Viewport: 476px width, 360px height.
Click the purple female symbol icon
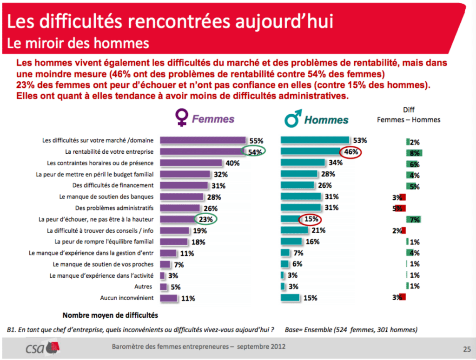coord(182,118)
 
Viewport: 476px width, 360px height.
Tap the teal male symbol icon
coord(293,118)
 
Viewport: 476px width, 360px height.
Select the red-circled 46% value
coord(350,152)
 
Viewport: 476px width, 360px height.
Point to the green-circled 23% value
coord(205,219)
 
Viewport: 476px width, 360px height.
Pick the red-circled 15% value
coord(310,219)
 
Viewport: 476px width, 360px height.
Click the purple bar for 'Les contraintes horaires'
coord(191,163)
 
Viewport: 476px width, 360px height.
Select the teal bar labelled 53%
coord(315,140)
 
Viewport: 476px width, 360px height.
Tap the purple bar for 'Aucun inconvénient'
coord(168,298)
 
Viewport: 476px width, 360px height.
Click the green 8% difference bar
coord(414,153)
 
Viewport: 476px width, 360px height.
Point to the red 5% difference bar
coord(399,209)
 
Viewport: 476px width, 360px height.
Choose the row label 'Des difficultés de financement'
coord(113,185)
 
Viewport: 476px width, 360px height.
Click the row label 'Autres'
coord(143,287)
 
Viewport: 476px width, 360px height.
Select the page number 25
coord(467,349)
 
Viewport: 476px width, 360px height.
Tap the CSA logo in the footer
coord(42,348)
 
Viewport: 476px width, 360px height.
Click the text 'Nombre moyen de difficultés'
coord(110,315)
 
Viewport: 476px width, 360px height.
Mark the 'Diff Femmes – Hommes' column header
coord(409,115)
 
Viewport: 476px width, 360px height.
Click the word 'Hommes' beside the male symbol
coord(326,120)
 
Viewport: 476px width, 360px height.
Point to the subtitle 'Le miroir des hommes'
coord(78,43)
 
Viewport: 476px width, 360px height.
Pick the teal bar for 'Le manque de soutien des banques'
coord(301,196)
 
